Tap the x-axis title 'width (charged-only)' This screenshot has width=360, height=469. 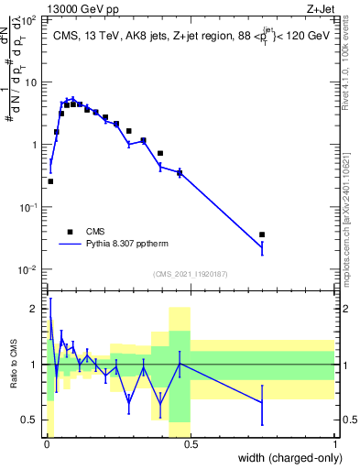[x=286, y=457]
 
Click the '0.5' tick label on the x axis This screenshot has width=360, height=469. [x=190, y=444]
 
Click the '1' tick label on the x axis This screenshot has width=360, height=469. [x=334, y=444]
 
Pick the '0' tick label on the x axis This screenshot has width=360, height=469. [x=46, y=444]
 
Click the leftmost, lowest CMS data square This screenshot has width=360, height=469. [x=50, y=181]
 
